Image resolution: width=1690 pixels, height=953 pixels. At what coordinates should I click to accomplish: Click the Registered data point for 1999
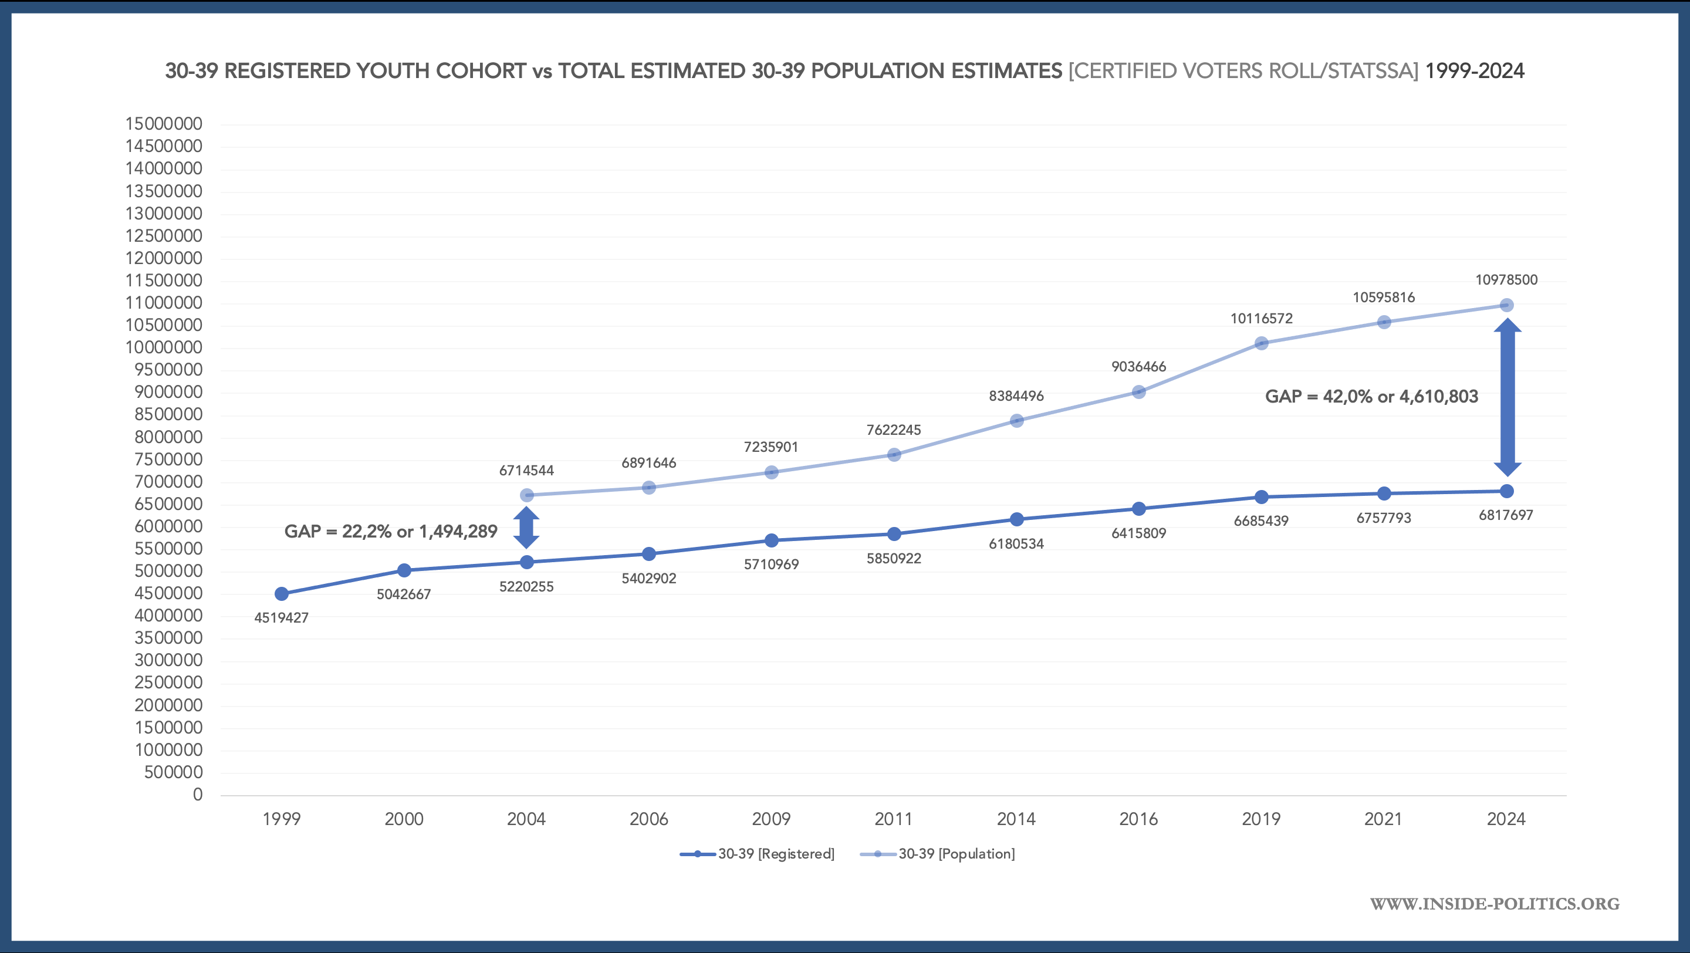[x=282, y=594]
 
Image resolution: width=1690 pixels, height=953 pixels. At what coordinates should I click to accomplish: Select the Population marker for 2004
[x=526, y=495]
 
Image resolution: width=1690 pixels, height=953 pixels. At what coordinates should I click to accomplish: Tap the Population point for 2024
[x=1506, y=305]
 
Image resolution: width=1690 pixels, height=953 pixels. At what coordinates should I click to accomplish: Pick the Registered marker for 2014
[x=1016, y=519]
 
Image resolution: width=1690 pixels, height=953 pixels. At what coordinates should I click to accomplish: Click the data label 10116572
[x=1261, y=319]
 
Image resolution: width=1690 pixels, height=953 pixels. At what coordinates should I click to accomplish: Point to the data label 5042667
[x=404, y=594]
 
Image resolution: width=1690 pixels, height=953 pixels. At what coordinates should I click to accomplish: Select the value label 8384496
[x=1016, y=396]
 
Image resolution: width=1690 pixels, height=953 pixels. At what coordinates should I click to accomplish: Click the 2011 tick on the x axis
[x=894, y=819]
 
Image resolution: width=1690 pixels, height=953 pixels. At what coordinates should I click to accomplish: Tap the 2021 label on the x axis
[x=1384, y=819]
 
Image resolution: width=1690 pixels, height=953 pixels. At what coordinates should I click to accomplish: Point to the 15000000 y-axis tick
[x=164, y=124]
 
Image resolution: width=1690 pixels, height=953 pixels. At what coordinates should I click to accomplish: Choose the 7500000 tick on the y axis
[x=168, y=459]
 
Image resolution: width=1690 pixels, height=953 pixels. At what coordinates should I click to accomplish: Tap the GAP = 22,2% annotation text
[x=390, y=531]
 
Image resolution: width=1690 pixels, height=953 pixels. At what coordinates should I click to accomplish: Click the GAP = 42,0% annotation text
[x=1371, y=396]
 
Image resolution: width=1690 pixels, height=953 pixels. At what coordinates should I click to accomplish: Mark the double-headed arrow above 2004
[x=526, y=528]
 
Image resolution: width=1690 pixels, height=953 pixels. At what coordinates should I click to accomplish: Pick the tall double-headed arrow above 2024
[x=1507, y=397]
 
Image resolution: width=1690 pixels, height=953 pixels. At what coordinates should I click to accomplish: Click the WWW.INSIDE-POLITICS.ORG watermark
[x=1495, y=904]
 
